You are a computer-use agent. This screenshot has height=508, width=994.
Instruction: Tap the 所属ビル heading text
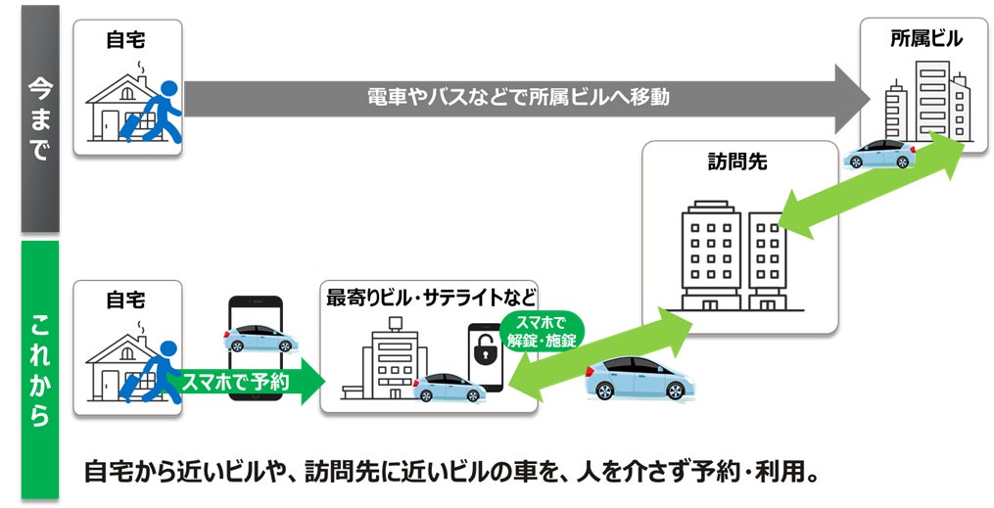[925, 38]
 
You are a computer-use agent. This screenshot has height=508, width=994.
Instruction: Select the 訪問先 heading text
[736, 162]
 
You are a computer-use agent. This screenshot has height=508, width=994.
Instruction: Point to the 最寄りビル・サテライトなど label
[431, 296]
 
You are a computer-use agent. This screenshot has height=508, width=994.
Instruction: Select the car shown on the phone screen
[256, 337]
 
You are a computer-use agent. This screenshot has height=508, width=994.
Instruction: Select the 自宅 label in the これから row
[125, 300]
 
